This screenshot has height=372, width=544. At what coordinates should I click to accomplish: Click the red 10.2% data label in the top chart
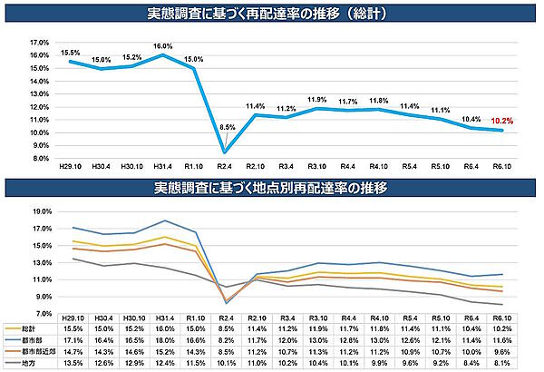(x=501, y=120)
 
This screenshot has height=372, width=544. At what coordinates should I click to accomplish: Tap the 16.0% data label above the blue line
(x=163, y=45)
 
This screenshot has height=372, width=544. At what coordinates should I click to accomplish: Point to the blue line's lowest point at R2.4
(x=225, y=152)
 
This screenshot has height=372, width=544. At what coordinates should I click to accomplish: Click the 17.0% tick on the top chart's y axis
(x=39, y=43)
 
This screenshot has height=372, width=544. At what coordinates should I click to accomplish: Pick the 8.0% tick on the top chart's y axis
(x=39, y=158)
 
